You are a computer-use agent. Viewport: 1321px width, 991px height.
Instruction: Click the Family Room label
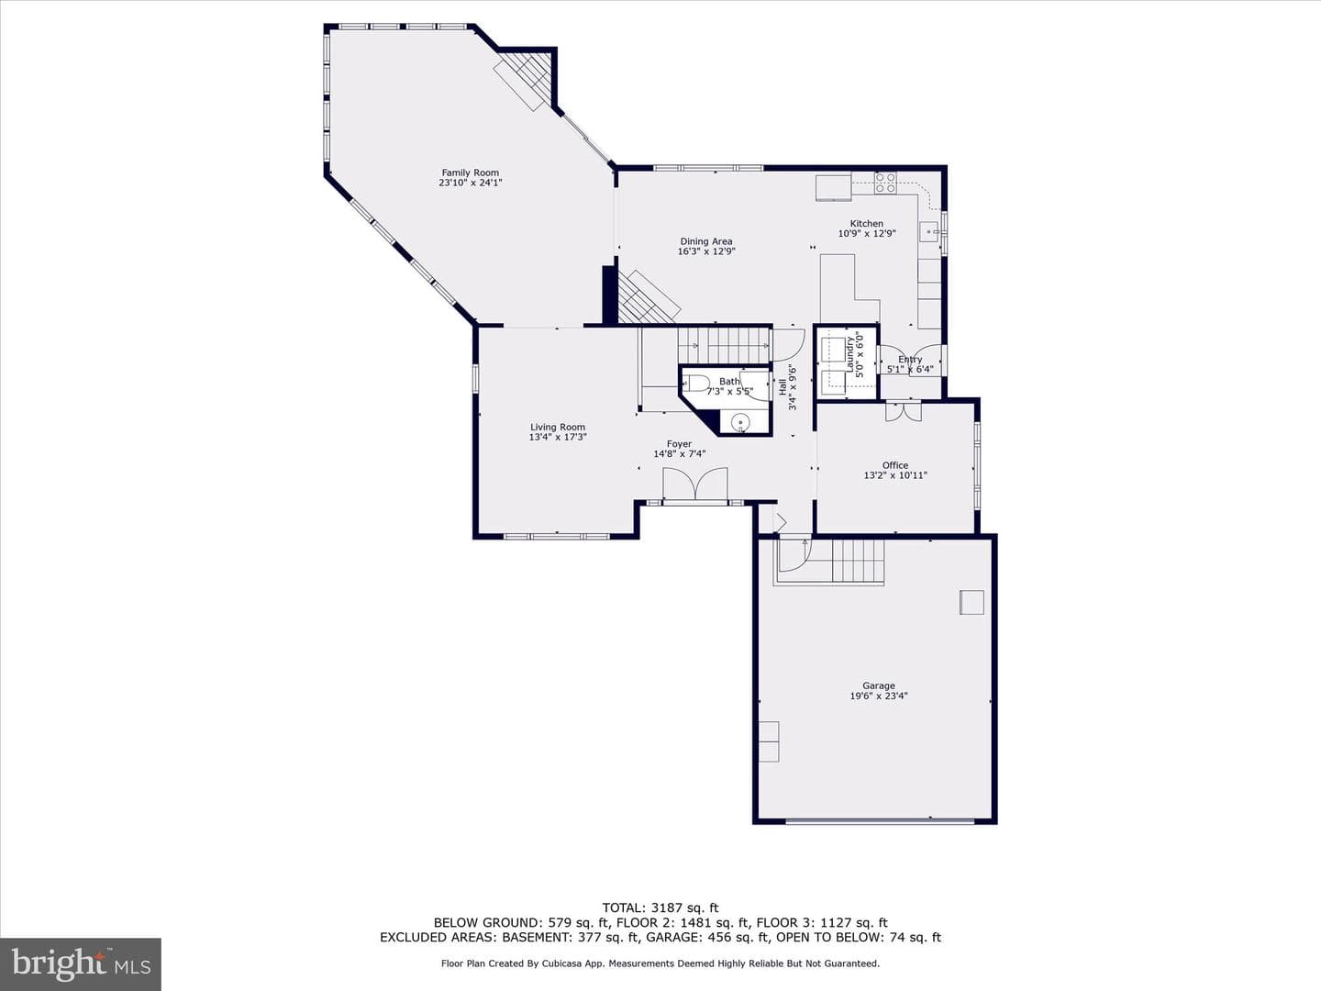click(470, 173)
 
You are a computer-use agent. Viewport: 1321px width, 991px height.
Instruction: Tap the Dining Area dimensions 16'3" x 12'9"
click(706, 251)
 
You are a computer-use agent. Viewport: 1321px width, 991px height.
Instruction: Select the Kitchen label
click(867, 223)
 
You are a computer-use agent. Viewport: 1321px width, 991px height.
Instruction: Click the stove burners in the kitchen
click(885, 183)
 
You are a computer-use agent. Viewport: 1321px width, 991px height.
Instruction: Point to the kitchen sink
click(929, 231)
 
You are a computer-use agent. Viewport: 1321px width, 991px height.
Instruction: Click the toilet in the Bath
click(695, 384)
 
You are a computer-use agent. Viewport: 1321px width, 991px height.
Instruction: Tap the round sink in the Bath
click(739, 423)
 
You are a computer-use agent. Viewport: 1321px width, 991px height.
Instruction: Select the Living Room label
click(557, 428)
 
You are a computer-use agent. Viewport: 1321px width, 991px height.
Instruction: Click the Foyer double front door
click(695, 484)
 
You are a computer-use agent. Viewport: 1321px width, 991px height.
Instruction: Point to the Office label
click(895, 465)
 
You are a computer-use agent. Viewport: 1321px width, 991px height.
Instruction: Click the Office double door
click(904, 411)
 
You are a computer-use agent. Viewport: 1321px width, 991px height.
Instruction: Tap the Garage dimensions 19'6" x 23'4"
click(879, 696)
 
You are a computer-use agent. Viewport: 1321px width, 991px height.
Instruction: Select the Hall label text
click(783, 387)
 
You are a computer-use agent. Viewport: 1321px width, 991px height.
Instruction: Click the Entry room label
click(910, 359)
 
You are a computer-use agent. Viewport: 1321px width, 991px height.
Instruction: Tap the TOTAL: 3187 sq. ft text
click(660, 908)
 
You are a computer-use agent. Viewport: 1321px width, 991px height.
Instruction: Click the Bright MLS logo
click(81, 963)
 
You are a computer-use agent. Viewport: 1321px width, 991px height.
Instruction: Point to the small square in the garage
click(971, 602)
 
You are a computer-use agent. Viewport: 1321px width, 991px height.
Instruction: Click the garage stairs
click(859, 560)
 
